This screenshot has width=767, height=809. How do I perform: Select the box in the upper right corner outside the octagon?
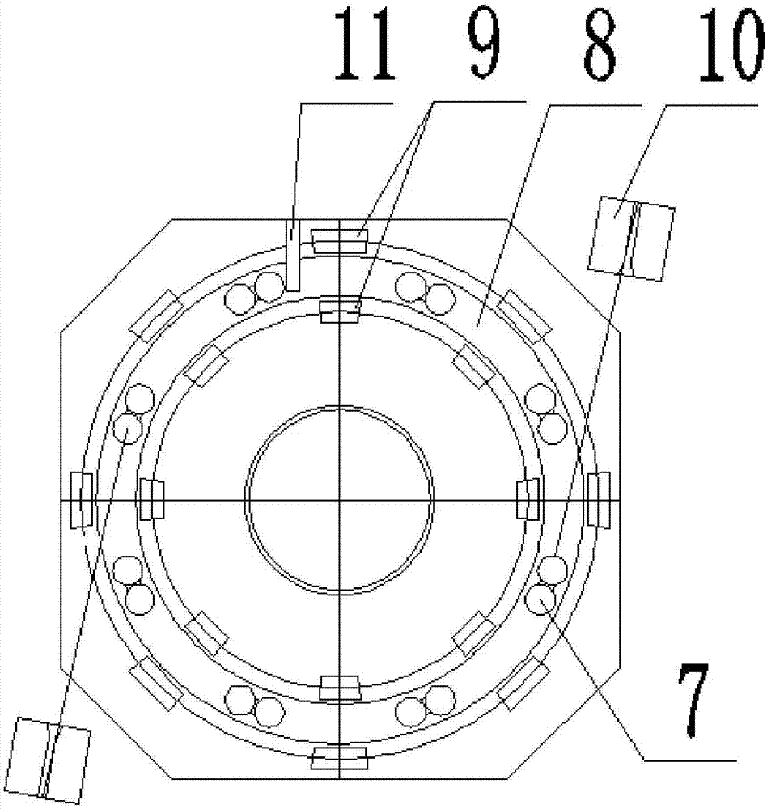click(x=631, y=239)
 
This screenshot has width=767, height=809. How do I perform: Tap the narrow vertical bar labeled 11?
click(x=293, y=256)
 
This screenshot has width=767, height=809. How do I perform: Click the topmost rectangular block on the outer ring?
click(x=339, y=242)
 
